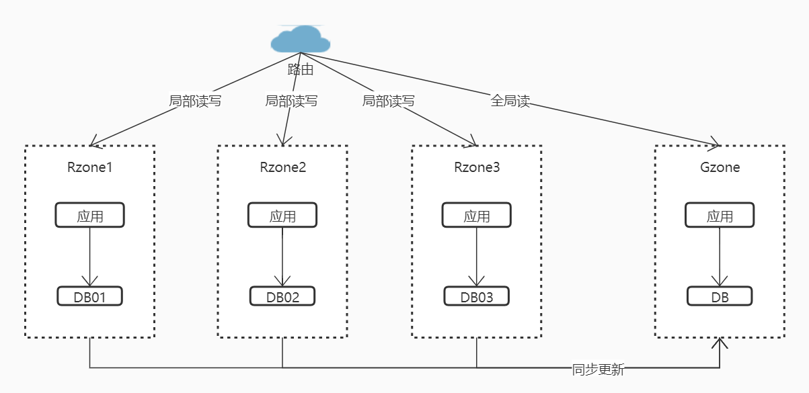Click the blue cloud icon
[301, 40]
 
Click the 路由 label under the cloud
[301, 69]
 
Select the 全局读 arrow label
[510, 101]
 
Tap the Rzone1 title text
[89, 167]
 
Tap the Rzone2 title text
[282, 167]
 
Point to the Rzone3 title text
[477, 167]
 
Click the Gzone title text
[720, 167]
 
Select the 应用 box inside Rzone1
[89, 216]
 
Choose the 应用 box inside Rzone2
[282, 216]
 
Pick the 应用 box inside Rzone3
[477, 216]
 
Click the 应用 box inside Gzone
[720, 216]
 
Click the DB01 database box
[89, 296]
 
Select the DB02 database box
[282, 296]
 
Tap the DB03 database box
[477, 296]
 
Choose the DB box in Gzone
[720, 296]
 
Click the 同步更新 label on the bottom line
[598, 369]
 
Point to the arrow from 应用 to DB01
[89, 255]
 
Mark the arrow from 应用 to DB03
[477, 255]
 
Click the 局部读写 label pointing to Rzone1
[194, 101]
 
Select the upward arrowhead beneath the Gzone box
[720, 344]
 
